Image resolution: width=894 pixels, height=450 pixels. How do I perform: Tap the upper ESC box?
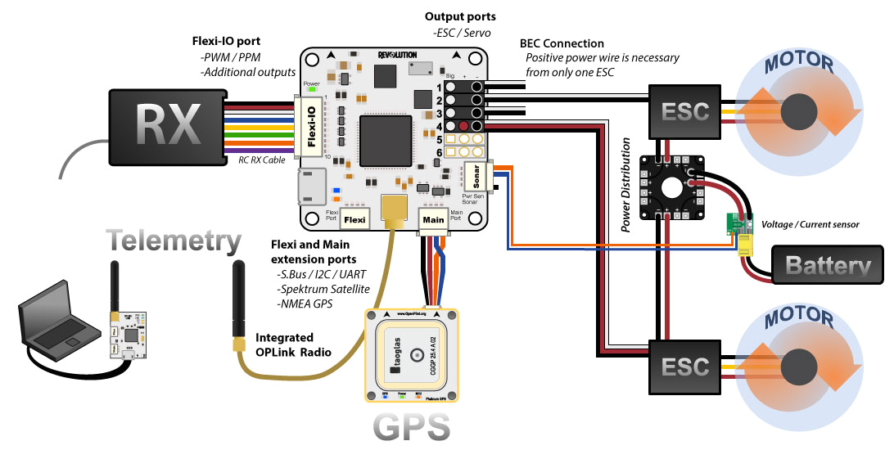click(685, 110)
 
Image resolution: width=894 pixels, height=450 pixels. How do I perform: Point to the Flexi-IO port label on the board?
click(311, 126)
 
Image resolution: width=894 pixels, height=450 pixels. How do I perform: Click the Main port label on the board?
click(433, 218)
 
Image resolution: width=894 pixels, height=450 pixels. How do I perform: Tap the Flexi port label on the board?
click(353, 218)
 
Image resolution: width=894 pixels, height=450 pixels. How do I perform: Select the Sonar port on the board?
click(474, 174)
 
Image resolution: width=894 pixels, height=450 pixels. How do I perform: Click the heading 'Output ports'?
click(460, 16)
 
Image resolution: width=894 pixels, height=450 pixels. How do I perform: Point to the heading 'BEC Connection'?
click(562, 43)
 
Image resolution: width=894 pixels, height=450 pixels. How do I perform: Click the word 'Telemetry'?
click(174, 241)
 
